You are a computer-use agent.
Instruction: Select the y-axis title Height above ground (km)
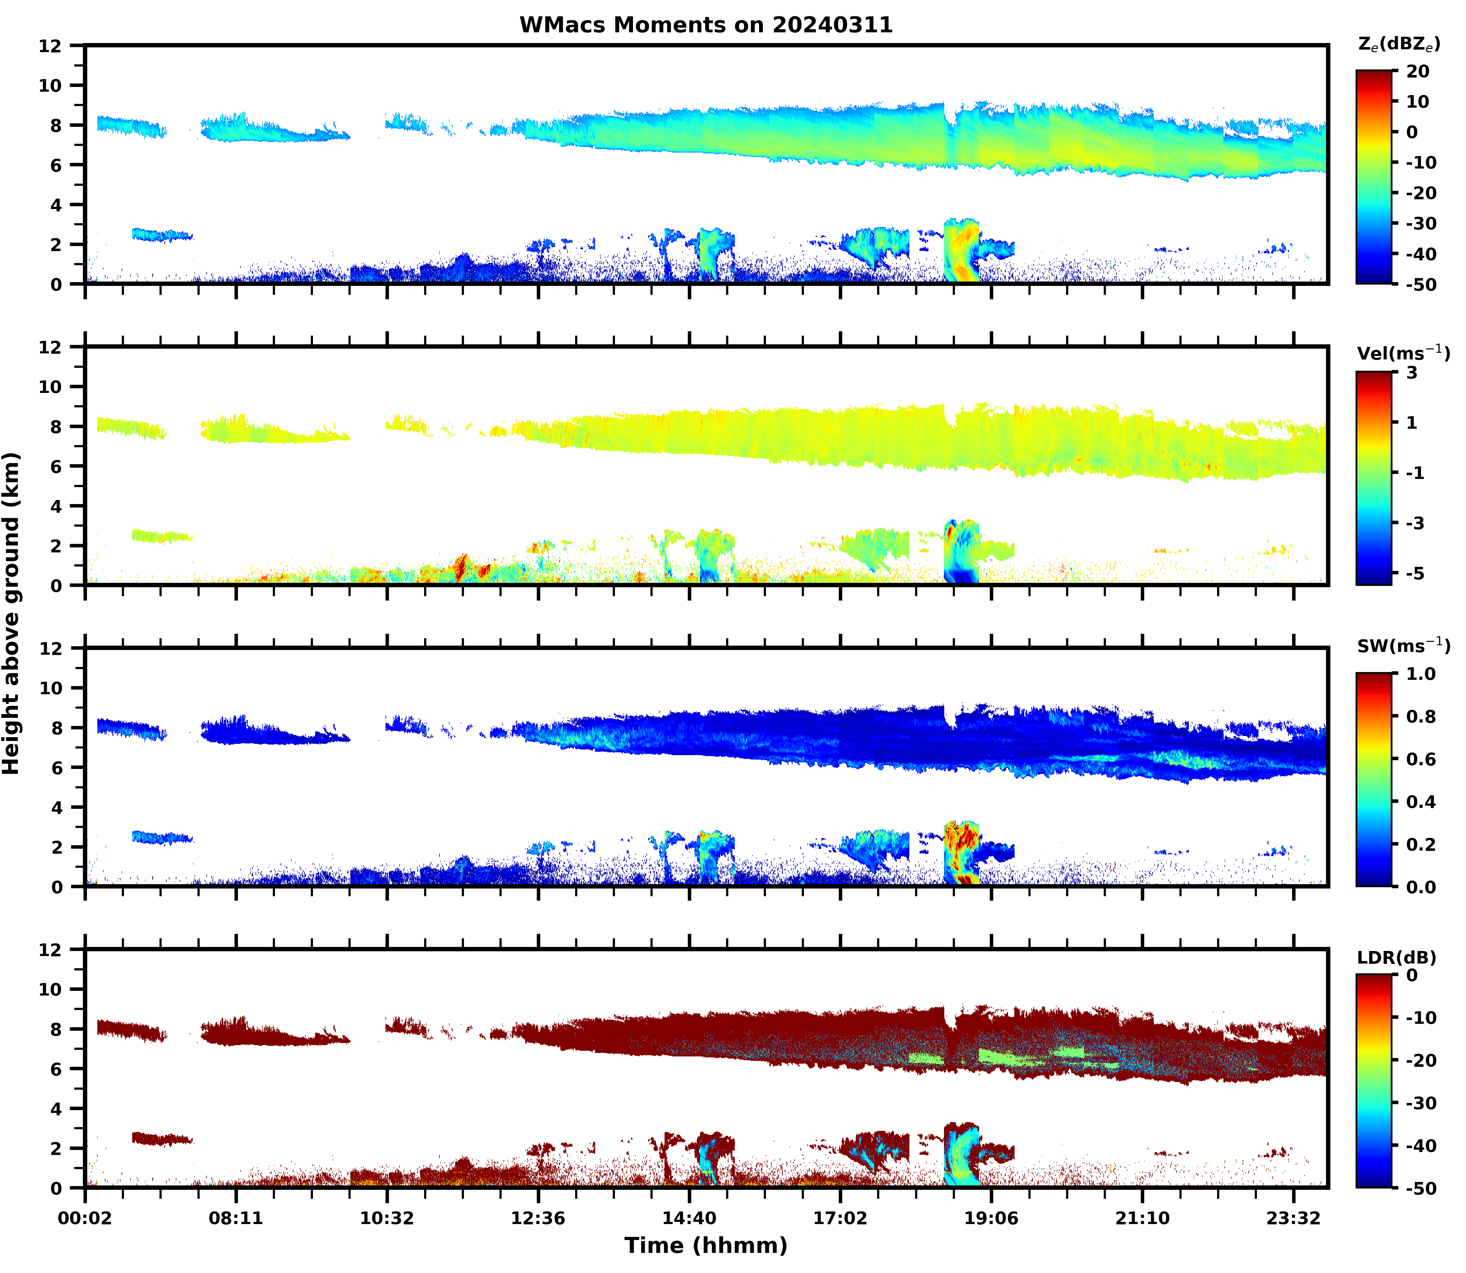11,613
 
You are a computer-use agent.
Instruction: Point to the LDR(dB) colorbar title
1396,958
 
